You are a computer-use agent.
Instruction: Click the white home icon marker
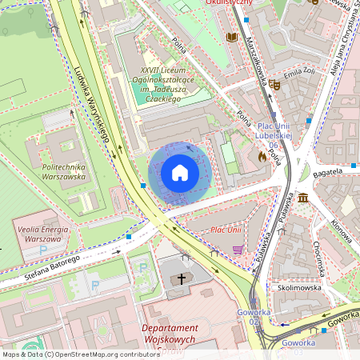[x=180, y=173]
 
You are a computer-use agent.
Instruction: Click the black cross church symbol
[x=182, y=279]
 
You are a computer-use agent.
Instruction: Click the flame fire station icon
[x=262, y=158]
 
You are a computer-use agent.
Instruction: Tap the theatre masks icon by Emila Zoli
[x=274, y=83]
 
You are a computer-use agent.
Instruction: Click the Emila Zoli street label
[x=298, y=73]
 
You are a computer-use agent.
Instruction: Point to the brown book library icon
[x=232, y=37]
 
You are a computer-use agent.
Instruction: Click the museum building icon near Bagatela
[x=304, y=197]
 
